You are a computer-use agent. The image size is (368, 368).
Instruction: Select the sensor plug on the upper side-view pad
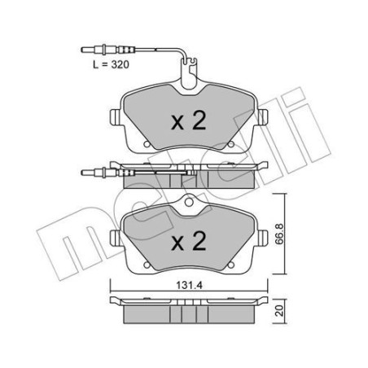tap(96, 172)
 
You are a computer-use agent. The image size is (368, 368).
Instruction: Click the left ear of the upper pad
tap(113, 116)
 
